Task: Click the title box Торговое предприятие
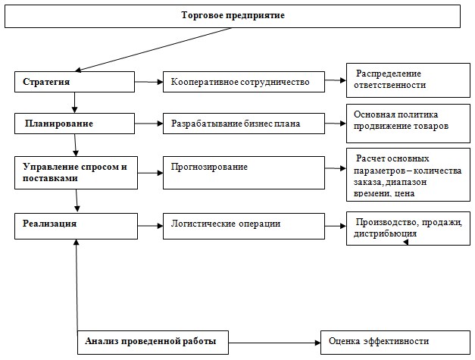[x=233, y=16]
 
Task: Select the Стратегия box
[x=74, y=82]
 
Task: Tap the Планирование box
[x=74, y=124]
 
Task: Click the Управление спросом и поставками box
[x=76, y=173]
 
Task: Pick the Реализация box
[x=76, y=226]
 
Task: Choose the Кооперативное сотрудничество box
[x=244, y=82]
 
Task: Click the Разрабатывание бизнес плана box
[x=244, y=124]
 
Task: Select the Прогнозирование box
[x=244, y=173]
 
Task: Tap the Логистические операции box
[x=244, y=226]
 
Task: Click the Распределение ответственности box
[x=408, y=80]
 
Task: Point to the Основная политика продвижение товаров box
[x=408, y=124]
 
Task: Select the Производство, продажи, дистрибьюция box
[x=408, y=228]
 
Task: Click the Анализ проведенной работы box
[x=153, y=343]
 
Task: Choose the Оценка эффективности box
[x=395, y=343]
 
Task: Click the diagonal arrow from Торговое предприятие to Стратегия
[x=153, y=50]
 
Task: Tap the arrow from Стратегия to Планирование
[x=74, y=103]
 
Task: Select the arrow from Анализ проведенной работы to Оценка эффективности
[x=274, y=343]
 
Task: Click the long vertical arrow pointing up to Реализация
[x=77, y=285]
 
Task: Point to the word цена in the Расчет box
[x=405, y=193]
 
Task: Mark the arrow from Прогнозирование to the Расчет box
[x=336, y=168]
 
